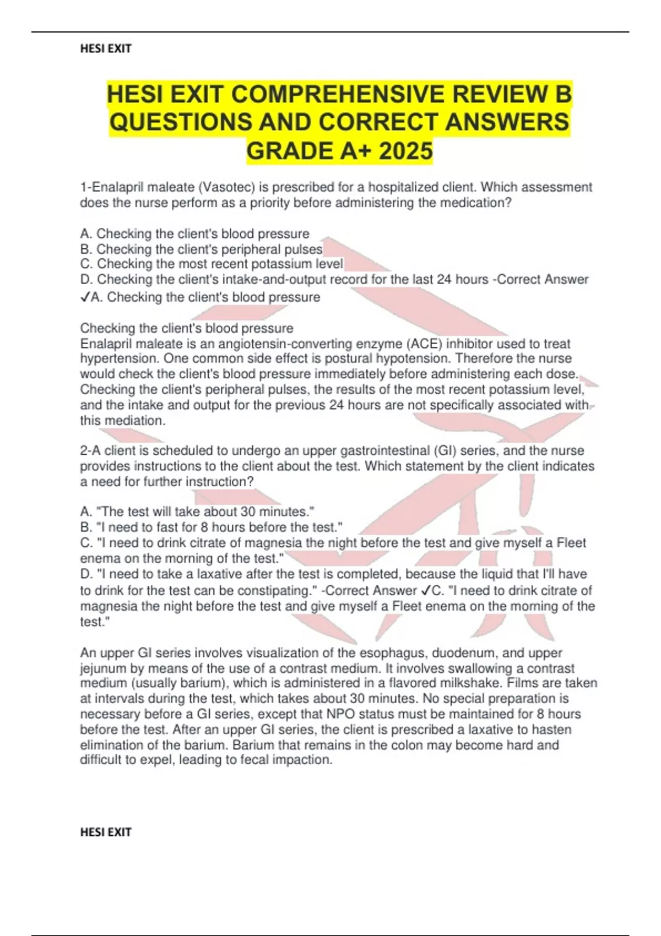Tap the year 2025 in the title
pos(405,151)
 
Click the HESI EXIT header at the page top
pos(106,48)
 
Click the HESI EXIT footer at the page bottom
pos(106,832)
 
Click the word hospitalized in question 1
pos(400,187)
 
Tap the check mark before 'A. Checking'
pos(85,297)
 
